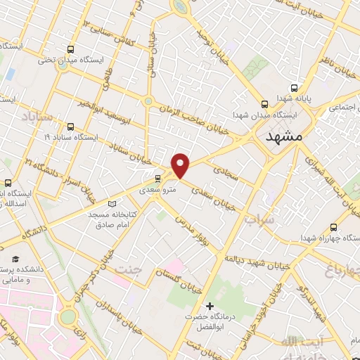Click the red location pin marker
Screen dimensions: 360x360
pos(181,165)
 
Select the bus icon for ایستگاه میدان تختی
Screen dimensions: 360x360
pos(70,49)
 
